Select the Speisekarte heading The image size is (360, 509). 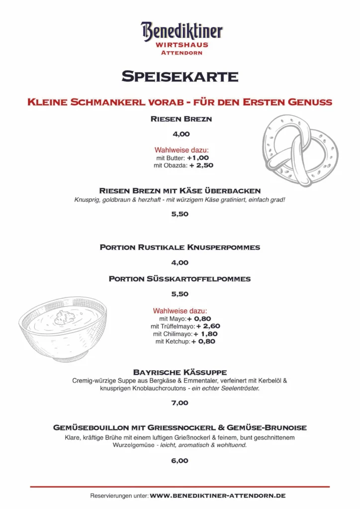point(180,77)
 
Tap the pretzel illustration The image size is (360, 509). point(300,149)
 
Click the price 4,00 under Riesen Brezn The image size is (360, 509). point(180,134)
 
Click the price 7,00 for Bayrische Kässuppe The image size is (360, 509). point(180,403)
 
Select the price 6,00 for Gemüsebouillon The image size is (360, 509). point(180,461)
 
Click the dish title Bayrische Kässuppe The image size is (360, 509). point(180,372)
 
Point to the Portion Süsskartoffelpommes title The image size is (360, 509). point(180,279)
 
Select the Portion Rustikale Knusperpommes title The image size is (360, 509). point(180,247)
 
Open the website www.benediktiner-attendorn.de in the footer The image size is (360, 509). point(217,496)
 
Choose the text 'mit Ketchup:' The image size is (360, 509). point(173,342)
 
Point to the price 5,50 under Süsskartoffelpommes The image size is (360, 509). point(180,294)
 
